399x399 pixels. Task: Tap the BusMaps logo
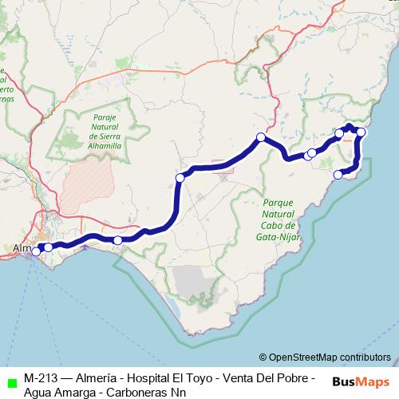(361, 381)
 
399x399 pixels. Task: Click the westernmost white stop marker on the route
(36, 251)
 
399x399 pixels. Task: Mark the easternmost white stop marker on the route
(361, 132)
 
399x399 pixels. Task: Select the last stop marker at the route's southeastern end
(338, 174)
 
